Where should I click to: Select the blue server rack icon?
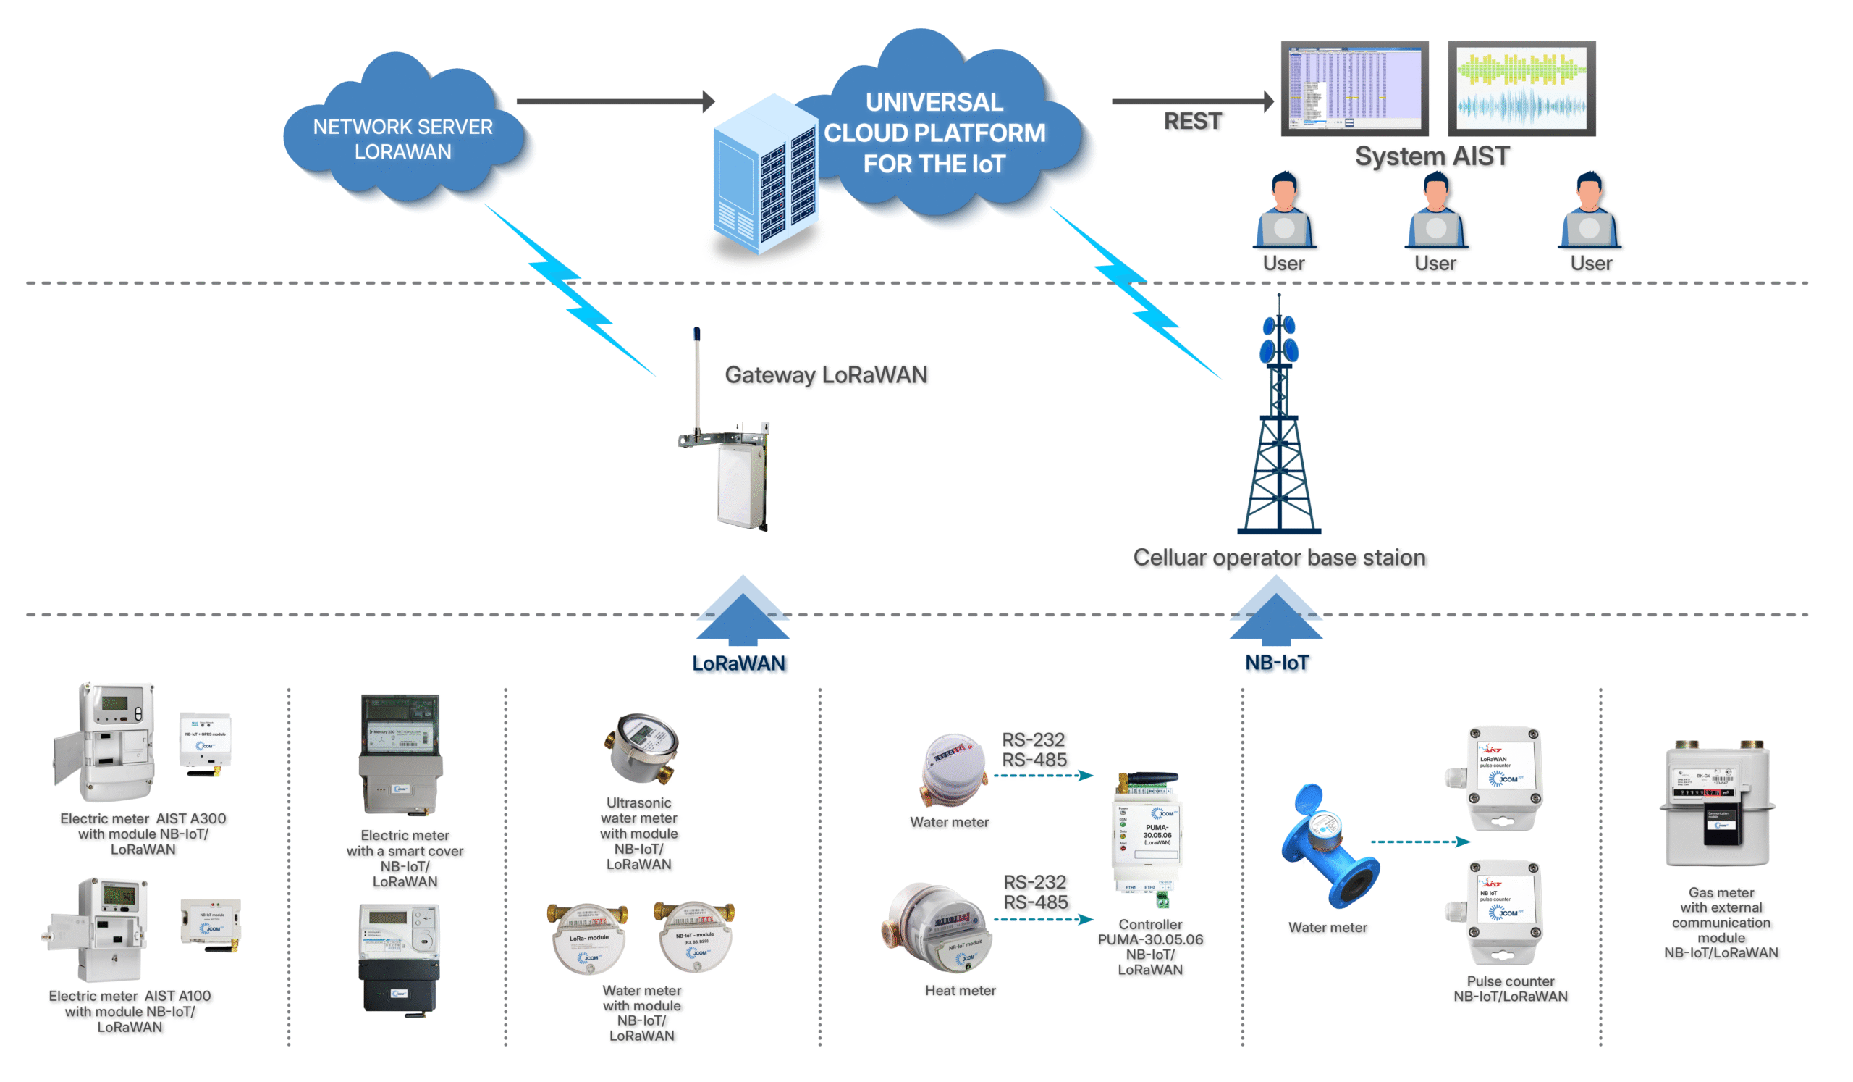coord(765,177)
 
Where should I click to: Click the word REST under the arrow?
coord(1192,122)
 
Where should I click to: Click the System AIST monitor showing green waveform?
coord(1521,88)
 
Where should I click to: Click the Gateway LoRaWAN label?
coord(826,375)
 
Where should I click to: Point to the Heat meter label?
coord(960,991)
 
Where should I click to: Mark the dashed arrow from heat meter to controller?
coord(1043,920)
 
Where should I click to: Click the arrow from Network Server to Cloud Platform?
coord(615,101)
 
